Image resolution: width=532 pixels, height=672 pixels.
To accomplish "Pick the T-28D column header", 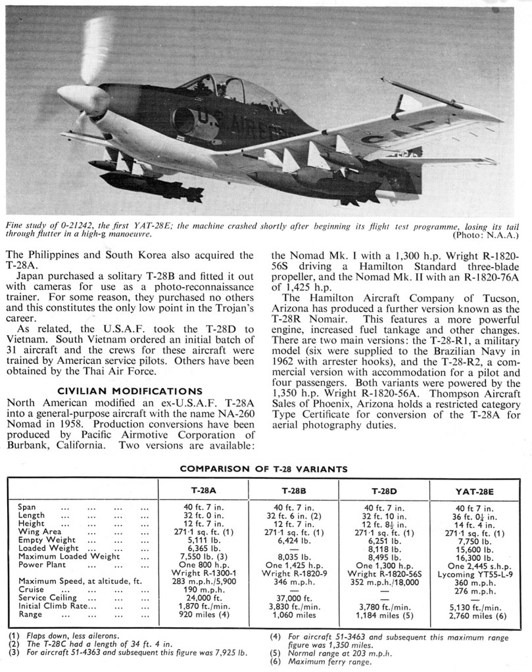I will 383,491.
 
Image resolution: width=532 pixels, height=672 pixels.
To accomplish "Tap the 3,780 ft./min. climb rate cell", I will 383,608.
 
